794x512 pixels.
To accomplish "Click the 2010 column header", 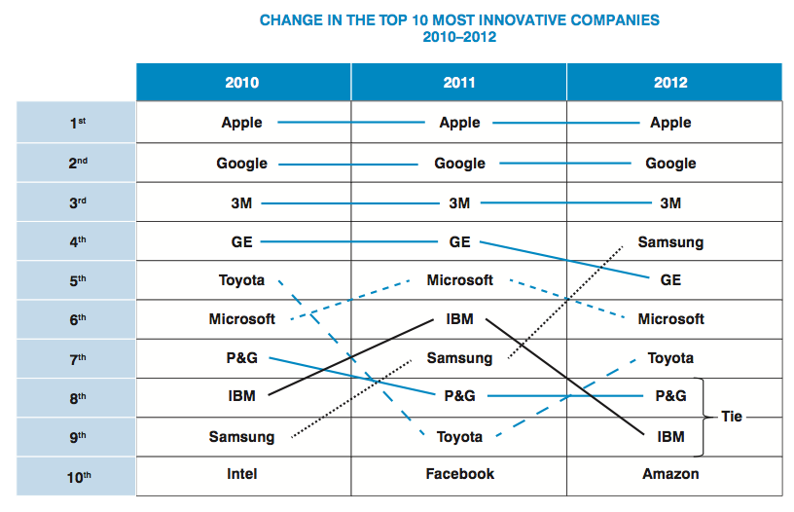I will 242,83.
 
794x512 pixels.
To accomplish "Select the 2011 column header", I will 459,83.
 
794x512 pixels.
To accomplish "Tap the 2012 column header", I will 670,83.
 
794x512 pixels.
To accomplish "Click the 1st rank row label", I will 79,124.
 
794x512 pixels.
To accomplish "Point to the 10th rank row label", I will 79,475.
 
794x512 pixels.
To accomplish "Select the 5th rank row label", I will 79,280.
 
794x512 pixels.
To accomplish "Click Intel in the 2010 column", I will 241,474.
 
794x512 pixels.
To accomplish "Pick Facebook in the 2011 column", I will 459,474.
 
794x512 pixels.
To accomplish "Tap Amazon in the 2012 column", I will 670,474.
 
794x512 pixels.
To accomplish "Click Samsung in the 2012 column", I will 670,241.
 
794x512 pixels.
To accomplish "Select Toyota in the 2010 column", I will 241,280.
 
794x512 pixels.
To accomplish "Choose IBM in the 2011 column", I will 459,318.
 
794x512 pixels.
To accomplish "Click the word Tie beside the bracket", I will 732,416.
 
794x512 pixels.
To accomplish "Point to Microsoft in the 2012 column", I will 670,319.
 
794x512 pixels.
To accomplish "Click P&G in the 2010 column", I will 241,358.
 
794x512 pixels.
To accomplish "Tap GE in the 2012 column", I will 670,280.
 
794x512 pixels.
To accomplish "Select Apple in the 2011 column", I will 459,123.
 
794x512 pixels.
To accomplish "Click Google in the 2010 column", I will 241,164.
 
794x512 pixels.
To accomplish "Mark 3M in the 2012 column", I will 670,202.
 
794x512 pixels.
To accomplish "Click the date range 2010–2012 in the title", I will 459,37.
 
